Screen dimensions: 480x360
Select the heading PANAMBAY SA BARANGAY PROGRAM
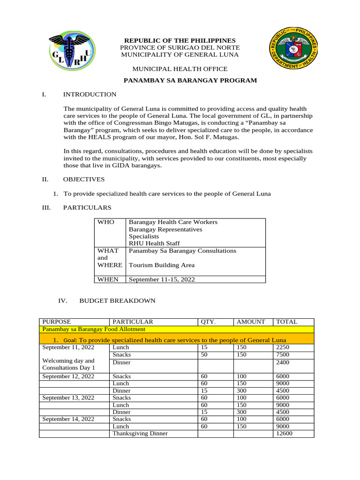click(190, 81)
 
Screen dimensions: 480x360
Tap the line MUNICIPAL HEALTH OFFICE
click(180, 69)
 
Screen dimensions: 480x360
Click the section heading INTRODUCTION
click(90, 95)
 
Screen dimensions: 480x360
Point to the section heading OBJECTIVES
click(84, 180)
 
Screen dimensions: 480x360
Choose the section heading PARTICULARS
click(87, 208)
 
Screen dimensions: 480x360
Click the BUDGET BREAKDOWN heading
click(117, 300)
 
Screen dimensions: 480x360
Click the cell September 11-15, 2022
click(162, 279)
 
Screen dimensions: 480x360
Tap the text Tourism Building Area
click(161, 265)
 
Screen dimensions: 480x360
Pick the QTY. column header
click(209, 322)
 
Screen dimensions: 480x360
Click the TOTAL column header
click(287, 322)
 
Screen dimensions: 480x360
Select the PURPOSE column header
click(57, 322)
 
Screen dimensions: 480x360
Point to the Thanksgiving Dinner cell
click(140, 434)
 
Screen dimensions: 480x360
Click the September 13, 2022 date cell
click(68, 398)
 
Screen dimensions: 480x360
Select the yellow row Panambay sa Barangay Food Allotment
click(87, 330)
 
